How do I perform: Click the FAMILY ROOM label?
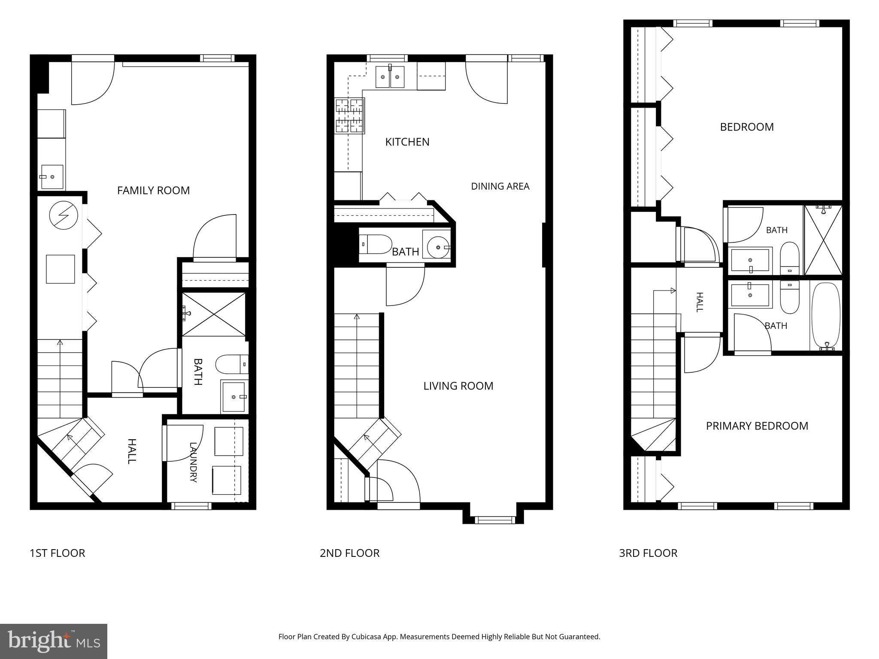(153, 190)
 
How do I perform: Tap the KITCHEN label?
(407, 142)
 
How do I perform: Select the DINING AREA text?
(500, 186)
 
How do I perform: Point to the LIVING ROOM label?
(458, 386)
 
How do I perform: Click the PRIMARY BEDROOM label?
(757, 426)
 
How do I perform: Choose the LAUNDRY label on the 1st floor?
(193, 463)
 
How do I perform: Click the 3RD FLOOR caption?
(648, 553)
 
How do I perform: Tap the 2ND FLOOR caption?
(349, 553)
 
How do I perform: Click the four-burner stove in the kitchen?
(350, 115)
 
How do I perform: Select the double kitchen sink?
(390, 77)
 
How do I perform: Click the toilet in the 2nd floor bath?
(375, 244)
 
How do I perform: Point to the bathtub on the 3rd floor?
(826, 316)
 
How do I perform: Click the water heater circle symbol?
(64, 215)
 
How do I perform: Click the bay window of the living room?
(494, 520)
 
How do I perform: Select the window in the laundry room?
(191, 506)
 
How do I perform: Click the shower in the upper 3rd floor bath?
(823, 240)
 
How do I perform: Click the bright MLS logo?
(54, 641)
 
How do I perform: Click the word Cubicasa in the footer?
(367, 637)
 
